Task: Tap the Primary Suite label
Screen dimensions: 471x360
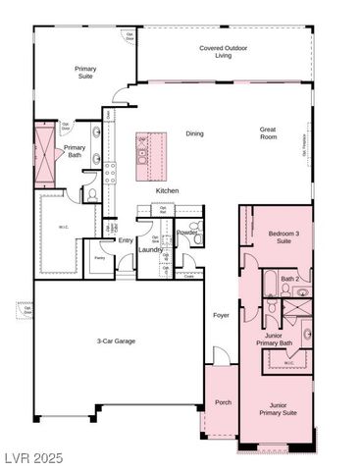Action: pos(85,72)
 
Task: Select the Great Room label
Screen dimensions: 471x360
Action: pos(268,132)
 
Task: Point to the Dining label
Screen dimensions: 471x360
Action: pos(195,133)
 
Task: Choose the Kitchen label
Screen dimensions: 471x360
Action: pos(168,190)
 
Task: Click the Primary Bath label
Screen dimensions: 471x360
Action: pos(75,151)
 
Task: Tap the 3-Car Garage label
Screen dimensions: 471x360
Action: pos(116,340)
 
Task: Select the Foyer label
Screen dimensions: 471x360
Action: pos(223,315)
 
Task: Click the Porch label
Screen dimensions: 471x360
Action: pos(223,402)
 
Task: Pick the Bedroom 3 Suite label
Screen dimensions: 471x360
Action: pos(283,236)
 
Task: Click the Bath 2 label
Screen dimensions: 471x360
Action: pos(289,279)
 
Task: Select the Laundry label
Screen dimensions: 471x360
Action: pos(151,249)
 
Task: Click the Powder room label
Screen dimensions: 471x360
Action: pos(186,232)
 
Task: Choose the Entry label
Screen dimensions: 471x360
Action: pos(126,239)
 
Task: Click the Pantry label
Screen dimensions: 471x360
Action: pos(98,258)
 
